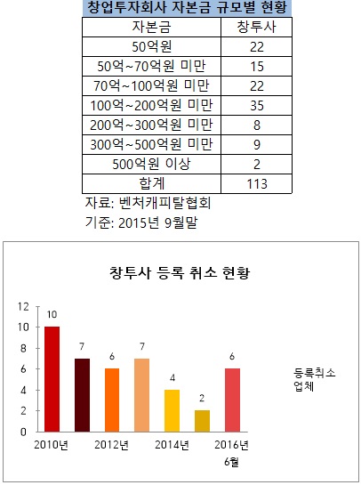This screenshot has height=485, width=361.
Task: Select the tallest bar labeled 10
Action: click(52, 378)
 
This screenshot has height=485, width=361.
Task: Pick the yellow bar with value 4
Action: click(172, 410)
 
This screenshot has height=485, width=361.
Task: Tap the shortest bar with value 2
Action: click(202, 420)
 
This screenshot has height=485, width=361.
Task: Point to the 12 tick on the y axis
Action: click(25, 306)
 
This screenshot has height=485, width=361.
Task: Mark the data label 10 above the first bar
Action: click(52, 315)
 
